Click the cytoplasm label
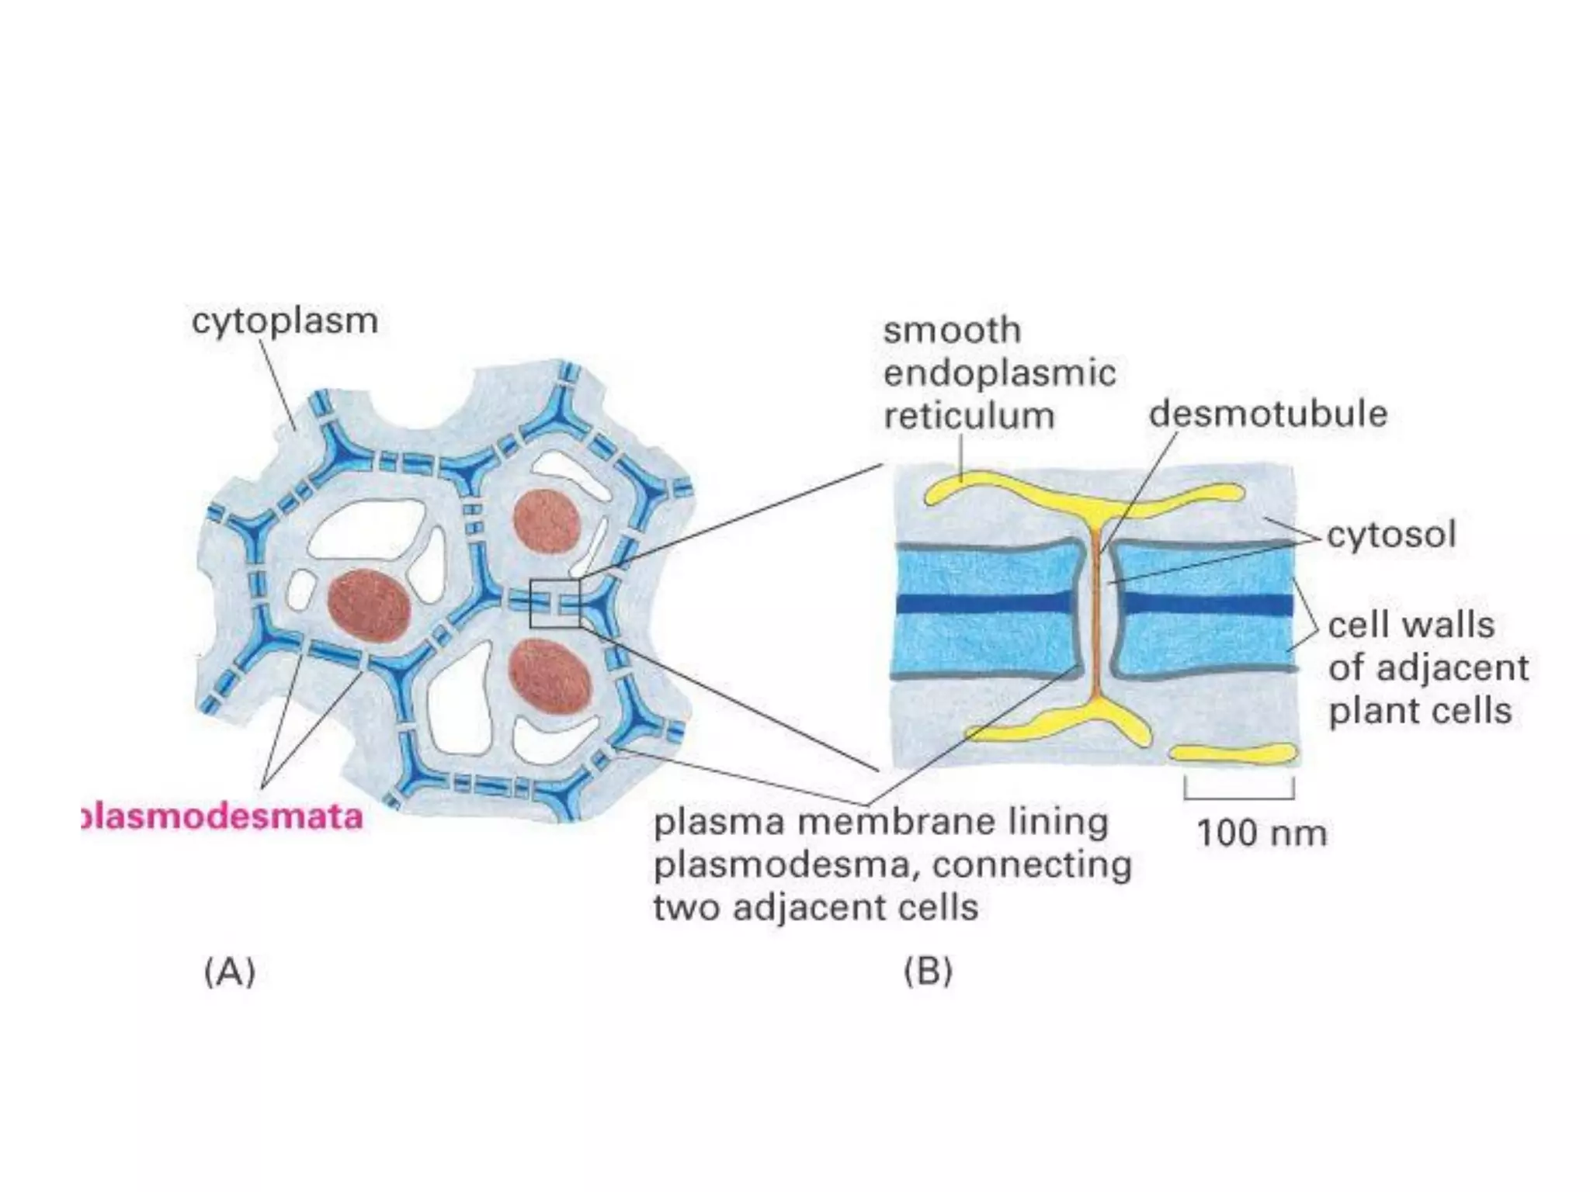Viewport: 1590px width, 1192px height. [285, 321]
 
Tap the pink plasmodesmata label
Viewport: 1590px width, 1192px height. [223, 817]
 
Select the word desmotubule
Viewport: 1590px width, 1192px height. [1268, 414]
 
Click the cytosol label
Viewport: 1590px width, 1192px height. [1391, 535]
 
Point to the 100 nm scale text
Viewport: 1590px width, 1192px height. [1262, 833]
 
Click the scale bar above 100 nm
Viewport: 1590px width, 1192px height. [1239, 795]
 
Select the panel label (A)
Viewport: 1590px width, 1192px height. [230, 972]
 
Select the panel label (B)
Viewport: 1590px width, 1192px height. [929, 972]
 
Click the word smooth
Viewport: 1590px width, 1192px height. [952, 331]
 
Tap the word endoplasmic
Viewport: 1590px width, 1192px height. [999, 373]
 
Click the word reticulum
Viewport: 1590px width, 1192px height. [969, 416]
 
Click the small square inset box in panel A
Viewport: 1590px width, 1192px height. [554, 603]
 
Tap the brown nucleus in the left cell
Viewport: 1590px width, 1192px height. [369, 607]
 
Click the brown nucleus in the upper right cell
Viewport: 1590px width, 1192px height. [547, 521]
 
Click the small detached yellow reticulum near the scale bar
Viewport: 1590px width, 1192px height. [1233, 753]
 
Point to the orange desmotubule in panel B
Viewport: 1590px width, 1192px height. [1096, 613]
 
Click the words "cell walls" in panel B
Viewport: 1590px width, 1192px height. [1411, 625]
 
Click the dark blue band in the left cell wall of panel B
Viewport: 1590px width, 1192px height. [986, 604]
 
